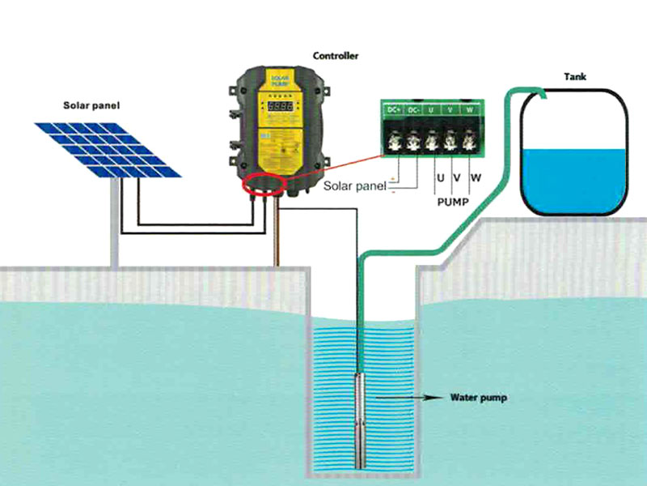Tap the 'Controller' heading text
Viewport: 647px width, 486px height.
[x=336, y=56]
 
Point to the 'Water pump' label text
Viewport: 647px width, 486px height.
[x=479, y=399]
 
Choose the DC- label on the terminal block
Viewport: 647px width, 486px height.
[x=414, y=109]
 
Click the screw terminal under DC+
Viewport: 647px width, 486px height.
[x=395, y=139]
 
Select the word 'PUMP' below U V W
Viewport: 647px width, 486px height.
[x=453, y=200]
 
